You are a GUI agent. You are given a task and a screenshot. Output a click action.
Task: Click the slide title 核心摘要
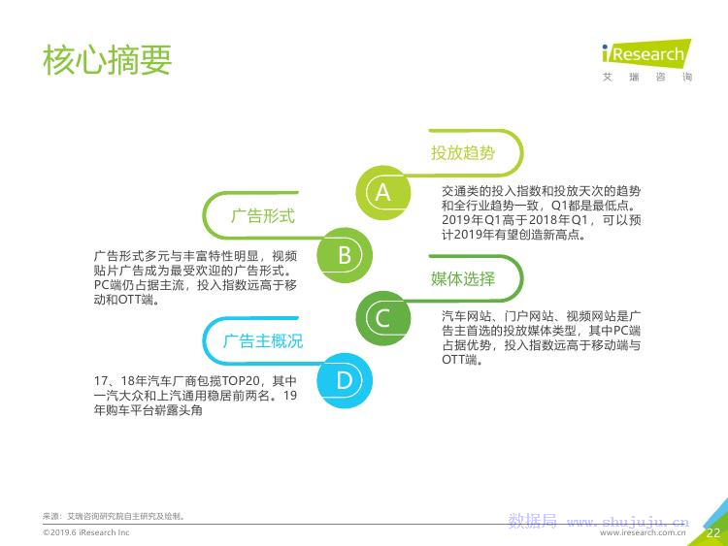107,60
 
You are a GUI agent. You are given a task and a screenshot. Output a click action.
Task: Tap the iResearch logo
646,53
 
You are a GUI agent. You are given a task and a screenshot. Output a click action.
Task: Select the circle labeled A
383,193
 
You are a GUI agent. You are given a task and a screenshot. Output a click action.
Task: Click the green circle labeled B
345,255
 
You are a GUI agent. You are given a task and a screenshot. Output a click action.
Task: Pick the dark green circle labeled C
383,318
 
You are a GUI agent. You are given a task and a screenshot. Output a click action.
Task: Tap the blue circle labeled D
345,381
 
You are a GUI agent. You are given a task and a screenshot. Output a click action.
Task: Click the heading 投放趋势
462,152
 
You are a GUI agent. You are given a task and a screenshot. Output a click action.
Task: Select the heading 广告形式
263,215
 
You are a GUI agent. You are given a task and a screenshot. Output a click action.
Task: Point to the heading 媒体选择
462,278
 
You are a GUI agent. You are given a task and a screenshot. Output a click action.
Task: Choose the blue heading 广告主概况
263,341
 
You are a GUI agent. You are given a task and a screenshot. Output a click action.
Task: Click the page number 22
713,532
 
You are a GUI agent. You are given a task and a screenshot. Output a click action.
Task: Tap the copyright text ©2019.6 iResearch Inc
85,532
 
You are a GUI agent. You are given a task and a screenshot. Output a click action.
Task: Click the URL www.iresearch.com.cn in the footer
643,533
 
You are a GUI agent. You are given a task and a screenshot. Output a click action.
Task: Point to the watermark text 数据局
533,521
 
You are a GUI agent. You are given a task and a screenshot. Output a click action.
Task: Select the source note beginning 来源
115,516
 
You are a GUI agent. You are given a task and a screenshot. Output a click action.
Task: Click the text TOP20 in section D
240,381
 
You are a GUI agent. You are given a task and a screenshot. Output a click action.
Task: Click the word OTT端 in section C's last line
460,360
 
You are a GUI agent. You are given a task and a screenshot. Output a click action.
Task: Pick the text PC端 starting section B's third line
108,285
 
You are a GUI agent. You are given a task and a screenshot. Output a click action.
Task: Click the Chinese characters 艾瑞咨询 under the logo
647,77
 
